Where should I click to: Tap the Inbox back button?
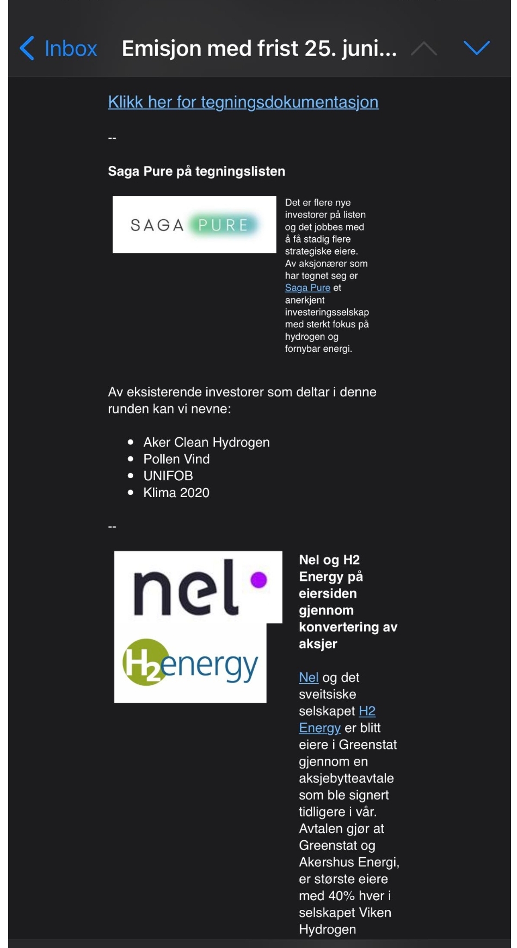pos(59,48)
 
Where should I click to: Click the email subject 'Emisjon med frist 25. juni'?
pos(259,48)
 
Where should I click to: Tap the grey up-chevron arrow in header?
pos(424,49)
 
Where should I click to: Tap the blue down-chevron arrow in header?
pos(477,48)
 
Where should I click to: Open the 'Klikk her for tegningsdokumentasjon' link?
pos(243,102)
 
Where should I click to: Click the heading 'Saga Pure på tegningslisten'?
pos(196,171)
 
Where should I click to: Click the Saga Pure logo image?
pos(194,225)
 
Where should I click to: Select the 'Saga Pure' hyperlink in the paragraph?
pos(307,288)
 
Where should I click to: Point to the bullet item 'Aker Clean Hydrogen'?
pos(206,442)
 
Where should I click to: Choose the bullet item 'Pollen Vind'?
pos(176,459)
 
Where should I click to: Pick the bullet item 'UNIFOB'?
pos(168,476)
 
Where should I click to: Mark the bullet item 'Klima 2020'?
pos(176,493)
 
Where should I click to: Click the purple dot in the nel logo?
pos(258,580)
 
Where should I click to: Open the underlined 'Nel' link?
pos(309,678)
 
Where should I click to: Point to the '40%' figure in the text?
pos(341,896)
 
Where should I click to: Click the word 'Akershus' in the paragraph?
pos(324,862)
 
